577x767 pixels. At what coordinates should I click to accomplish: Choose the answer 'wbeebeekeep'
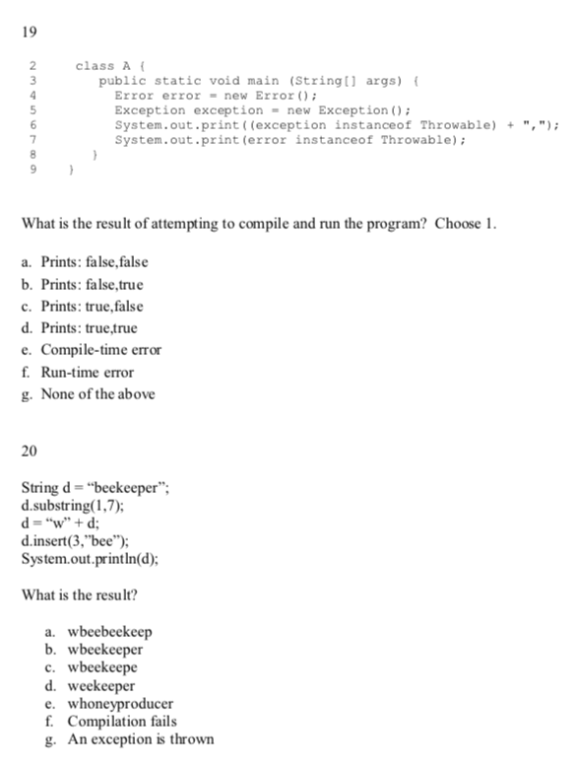click(x=109, y=632)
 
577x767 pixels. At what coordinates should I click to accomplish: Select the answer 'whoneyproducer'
click(x=119, y=704)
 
